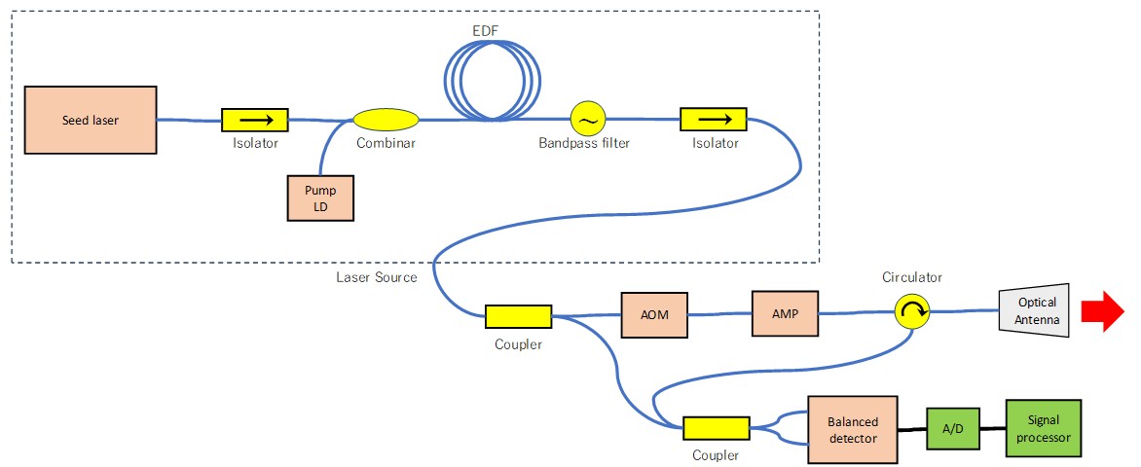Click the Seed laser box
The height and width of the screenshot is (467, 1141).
coord(91,120)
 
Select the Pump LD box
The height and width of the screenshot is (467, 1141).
coord(321,198)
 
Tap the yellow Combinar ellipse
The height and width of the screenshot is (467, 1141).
coord(386,120)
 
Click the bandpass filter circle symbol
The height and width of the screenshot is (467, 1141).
coord(588,120)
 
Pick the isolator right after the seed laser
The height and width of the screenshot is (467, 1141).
coord(255,120)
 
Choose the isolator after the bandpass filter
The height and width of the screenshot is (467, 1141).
coord(713,120)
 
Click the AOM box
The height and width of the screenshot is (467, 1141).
coord(655,313)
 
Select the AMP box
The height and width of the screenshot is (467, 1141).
coord(785,313)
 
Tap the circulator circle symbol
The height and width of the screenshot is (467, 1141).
coord(912,312)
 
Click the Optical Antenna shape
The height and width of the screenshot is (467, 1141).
coord(1035,311)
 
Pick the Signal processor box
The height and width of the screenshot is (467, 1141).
coord(1043,428)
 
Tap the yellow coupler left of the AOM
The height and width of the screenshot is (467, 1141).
coord(518,316)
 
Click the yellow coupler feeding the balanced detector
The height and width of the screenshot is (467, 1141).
coord(716,428)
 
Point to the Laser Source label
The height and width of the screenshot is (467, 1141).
coord(376,277)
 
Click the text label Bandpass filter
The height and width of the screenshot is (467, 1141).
coord(584,144)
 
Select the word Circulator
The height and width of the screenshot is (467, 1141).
coord(912,277)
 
